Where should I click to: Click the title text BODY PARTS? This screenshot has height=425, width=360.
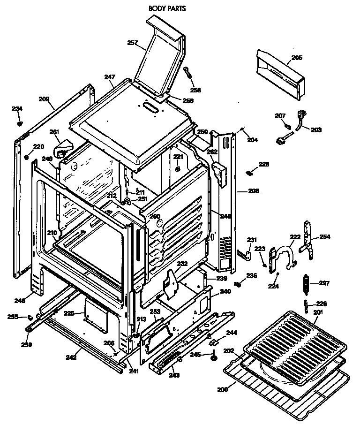(x=167, y=8)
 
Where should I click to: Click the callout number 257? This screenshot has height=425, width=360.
(x=133, y=43)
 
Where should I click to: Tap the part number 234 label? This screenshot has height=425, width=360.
(x=17, y=109)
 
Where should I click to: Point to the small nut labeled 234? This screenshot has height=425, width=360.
(x=20, y=123)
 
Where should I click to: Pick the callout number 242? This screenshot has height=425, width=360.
(x=71, y=357)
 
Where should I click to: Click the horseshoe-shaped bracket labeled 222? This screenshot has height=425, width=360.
(x=285, y=256)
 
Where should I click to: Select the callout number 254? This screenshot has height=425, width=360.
(x=325, y=237)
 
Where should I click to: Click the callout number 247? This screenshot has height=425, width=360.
(x=110, y=76)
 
